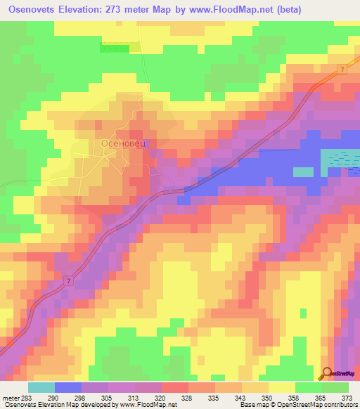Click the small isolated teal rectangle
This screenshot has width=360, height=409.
click(303, 171)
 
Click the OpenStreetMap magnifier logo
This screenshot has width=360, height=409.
click(327, 374)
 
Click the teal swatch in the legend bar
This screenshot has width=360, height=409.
click(41, 387)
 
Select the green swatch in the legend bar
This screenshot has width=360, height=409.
click(335, 387)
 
